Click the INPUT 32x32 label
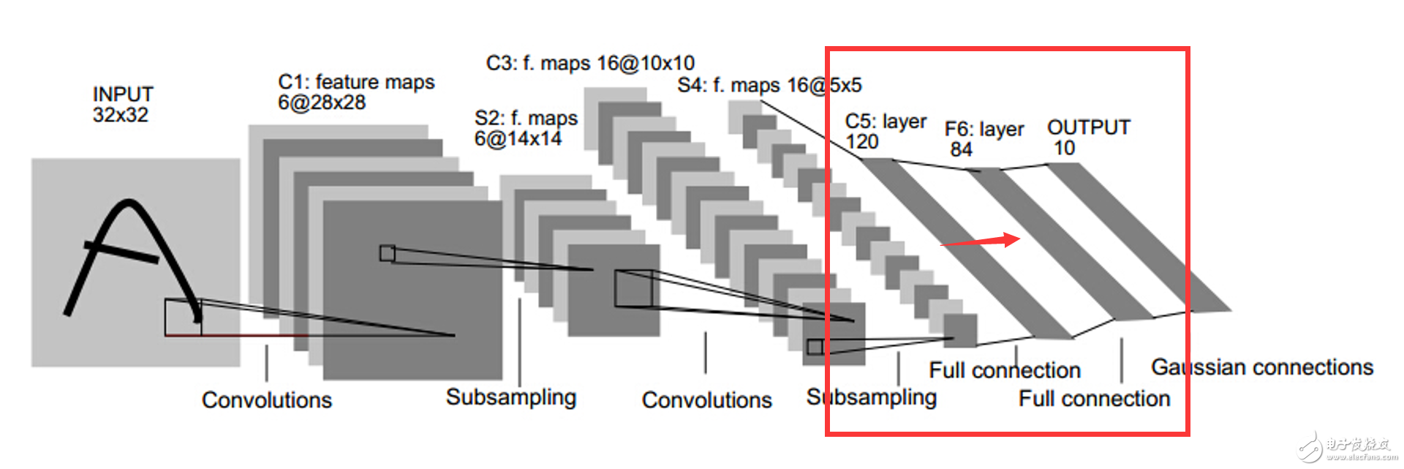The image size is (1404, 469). point(123,105)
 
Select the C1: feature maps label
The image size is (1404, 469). point(356,82)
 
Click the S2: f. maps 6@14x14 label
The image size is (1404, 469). point(526,128)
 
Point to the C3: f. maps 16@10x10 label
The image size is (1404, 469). point(590,63)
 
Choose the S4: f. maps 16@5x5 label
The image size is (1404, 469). point(769,86)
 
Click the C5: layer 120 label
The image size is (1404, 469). point(886,131)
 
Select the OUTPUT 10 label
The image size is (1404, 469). point(1088,138)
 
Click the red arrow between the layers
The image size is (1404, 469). point(980,241)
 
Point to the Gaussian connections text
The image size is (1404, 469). point(1262,367)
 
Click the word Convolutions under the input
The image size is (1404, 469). point(267,399)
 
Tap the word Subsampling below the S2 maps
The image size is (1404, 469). point(511,397)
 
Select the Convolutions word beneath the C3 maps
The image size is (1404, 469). point(707,399)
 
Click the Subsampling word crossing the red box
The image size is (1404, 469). point(872,397)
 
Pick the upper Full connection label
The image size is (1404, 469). point(1005,370)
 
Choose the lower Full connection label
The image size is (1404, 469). point(1095,399)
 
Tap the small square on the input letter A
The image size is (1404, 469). point(183,318)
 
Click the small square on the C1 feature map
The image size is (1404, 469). point(388,253)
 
